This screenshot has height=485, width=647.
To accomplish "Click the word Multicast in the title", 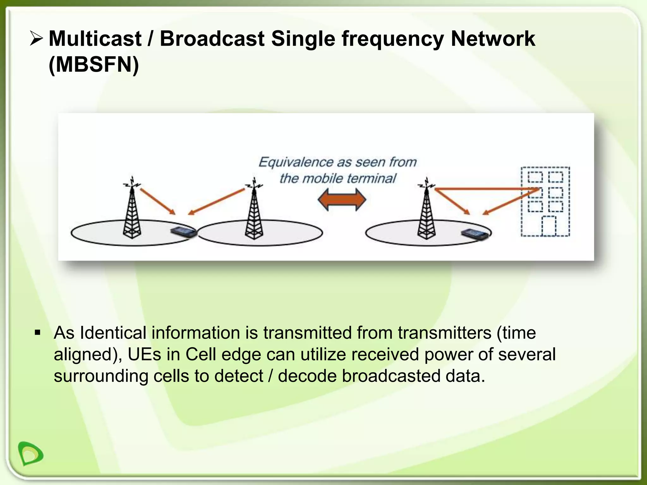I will [95, 39].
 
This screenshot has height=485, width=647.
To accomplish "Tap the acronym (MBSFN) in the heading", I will [94, 65].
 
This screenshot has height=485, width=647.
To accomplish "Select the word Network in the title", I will [493, 39].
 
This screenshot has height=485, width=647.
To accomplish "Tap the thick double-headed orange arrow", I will [342, 200].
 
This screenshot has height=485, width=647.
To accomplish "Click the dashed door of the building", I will [549, 226].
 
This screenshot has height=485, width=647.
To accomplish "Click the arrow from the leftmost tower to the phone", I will [157, 201].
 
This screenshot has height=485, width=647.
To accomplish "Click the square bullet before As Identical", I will [38, 333].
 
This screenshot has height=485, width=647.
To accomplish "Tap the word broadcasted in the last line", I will [391, 376].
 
